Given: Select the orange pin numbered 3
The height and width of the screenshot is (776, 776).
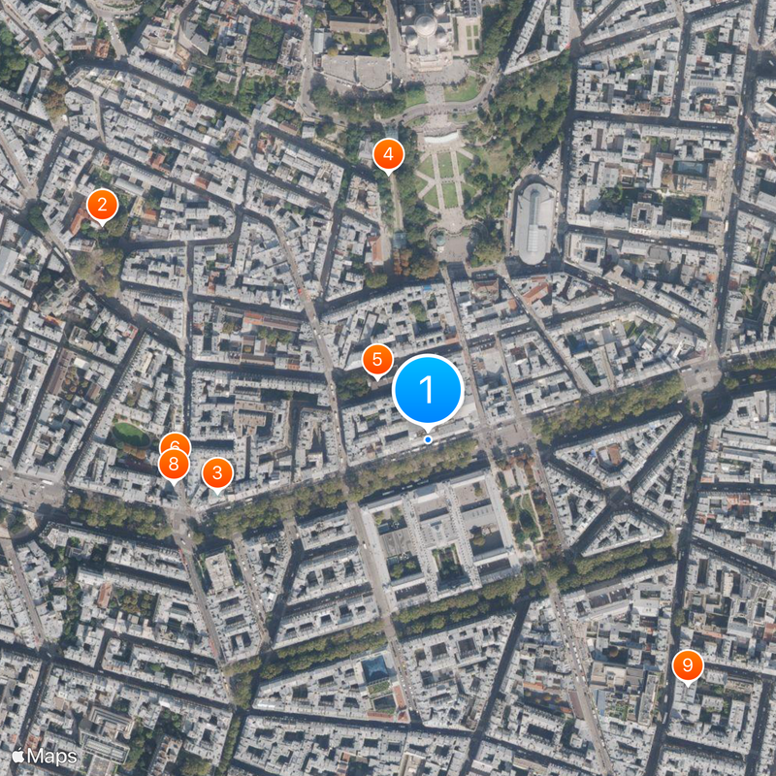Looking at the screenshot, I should click(x=216, y=473).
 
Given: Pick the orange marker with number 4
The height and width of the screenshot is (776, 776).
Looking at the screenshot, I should click(x=388, y=153).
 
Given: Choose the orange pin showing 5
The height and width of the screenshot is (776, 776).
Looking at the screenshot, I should click(x=377, y=359).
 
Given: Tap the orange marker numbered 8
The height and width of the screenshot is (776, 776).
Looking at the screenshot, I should click(x=174, y=465).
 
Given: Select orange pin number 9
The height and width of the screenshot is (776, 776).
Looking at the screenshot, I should click(x=687, y=665).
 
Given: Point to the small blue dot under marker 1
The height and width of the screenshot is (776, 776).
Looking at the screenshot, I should click(x=428, y=439).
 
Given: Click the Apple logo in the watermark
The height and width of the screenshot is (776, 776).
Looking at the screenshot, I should click(x=18, y=755).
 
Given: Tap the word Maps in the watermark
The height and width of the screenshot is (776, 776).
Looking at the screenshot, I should click(x=52, y=755).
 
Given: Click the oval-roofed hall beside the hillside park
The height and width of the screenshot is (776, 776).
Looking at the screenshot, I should click(x=534, y=221).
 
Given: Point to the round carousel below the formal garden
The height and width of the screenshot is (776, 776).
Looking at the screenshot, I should click(x=441, y=237).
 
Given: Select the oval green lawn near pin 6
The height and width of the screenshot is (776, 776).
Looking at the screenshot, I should click(x=131, y=432).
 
